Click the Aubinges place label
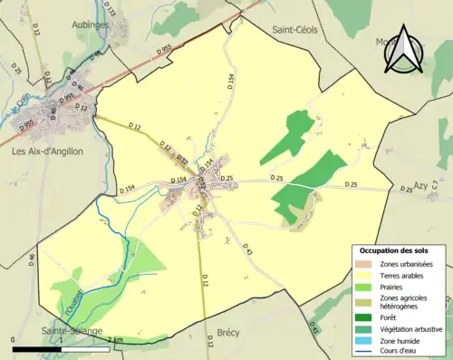91,24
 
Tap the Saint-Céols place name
298,29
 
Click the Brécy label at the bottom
228,334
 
